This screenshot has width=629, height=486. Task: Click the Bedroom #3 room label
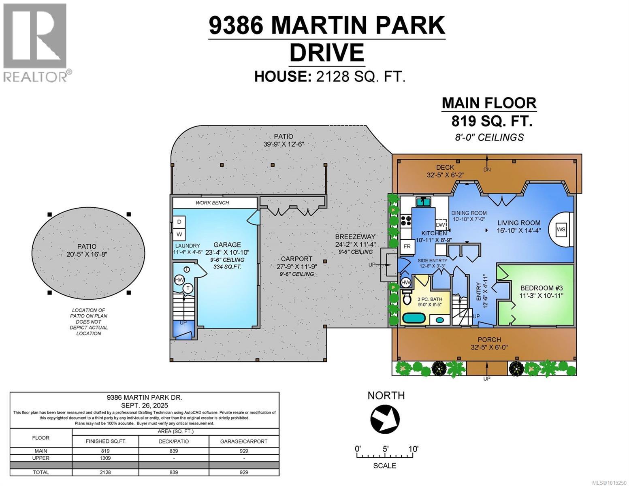541,288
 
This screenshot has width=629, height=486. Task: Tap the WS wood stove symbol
561,229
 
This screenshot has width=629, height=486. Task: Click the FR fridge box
407,246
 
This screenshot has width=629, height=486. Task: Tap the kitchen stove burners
406,220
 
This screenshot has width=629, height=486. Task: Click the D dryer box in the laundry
179,222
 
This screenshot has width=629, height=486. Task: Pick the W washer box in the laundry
179,234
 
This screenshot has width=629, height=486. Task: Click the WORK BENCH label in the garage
212,202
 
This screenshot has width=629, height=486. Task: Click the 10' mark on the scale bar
413,449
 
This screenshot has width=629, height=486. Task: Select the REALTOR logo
36,43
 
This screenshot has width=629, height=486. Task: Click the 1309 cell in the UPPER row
105,458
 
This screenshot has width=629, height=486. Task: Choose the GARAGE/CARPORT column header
244,441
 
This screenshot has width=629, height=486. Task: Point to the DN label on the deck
487,169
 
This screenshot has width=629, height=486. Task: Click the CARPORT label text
297,259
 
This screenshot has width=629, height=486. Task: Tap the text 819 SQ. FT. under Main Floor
492,121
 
